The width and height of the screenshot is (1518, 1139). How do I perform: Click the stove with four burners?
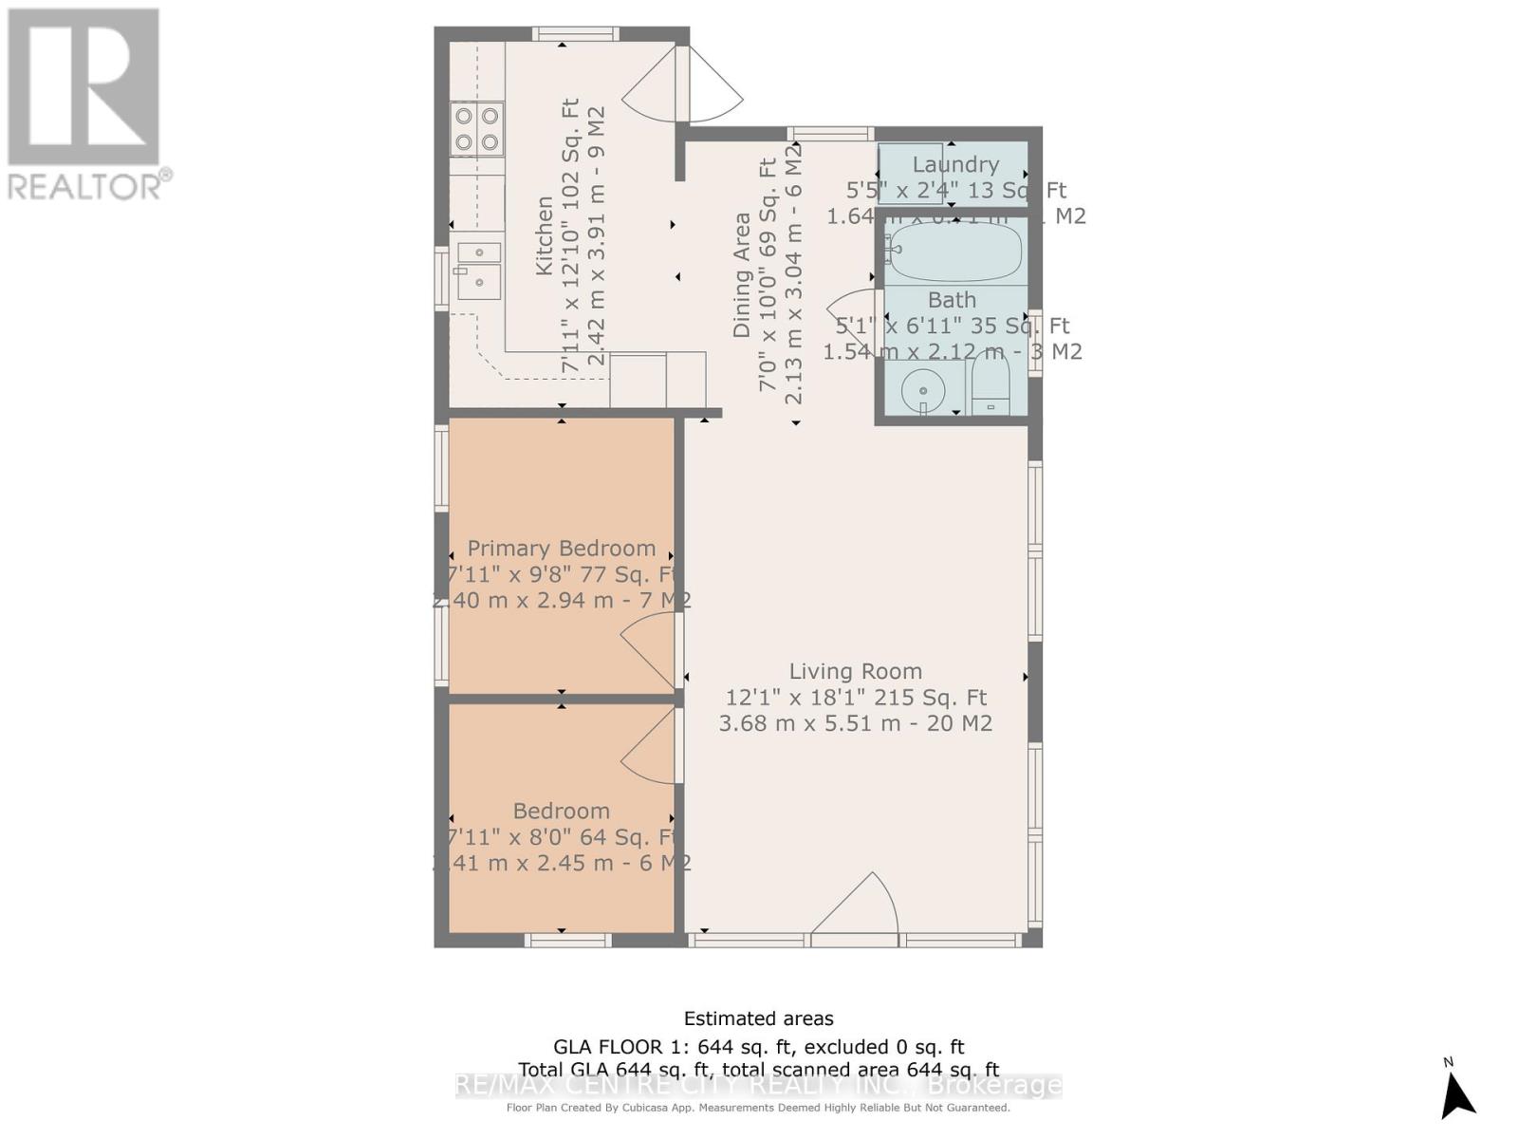pyautogui.click(x=476, y=129)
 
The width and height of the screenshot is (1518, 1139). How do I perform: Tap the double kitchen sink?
pyautogui.click(x=478, y=269)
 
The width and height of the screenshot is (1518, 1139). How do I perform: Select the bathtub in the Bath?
pyautogui.click(x=954, y=249)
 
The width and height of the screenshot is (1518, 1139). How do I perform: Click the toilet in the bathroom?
pyautogui.click(x=991, y=386)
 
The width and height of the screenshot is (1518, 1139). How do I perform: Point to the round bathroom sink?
pyautogui.click(x=921, y=388)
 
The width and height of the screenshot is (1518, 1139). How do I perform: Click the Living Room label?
pyautogui.click(x=855, y=671)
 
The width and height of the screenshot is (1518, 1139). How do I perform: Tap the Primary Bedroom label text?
pyautogui.click(x=561, y=549)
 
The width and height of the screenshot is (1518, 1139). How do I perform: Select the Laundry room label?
pyautogui.click(x=954, y=164)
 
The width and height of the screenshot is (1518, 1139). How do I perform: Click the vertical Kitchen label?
pyautogui.click(x=545, y=235)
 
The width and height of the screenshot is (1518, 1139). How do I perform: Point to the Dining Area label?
pyautogui.click(x=742, y=275)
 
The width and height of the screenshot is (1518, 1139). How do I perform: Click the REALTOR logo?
pyautogui.click(x=85, y=104)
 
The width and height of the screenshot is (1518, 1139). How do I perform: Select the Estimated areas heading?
pyautogui.click(x=758, y=1018)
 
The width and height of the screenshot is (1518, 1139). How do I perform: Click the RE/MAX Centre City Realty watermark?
pyautogui.click(x=758, y=1085)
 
